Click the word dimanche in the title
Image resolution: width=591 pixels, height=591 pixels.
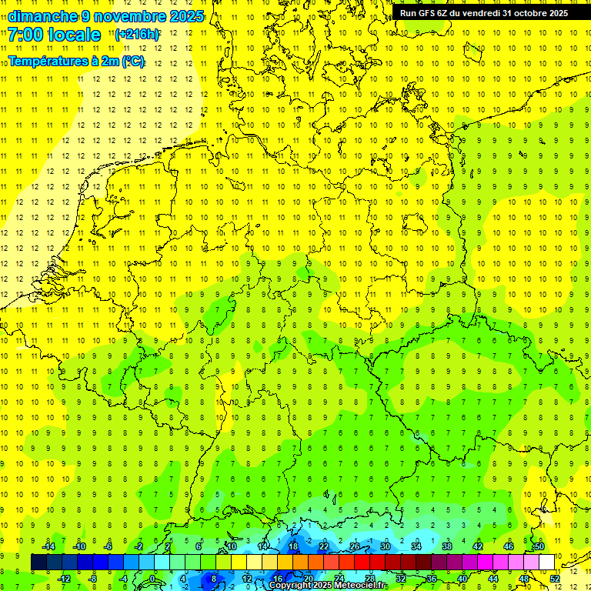[x=42, y=16]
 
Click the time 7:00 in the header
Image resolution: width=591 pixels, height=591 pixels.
[x=25, y=35]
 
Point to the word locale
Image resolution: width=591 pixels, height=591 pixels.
[x=73, y=35]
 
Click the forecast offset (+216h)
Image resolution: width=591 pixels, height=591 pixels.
[x=136, y=35]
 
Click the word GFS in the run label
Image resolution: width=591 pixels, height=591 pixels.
[x=429, y=13]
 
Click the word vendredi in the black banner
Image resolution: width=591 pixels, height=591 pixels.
[x=479, y=13]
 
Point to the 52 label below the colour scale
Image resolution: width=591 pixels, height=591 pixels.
[x=554, y=578]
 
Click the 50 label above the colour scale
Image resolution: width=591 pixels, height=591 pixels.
[x=539, y=546]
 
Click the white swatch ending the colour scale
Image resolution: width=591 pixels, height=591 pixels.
[x=546, y=562]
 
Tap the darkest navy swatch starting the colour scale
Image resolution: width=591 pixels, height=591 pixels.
[x=39, y=562]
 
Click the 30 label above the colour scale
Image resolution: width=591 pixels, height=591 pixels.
[x=385, y=546]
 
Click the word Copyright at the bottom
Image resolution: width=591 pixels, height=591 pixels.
[x=291, y=586]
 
